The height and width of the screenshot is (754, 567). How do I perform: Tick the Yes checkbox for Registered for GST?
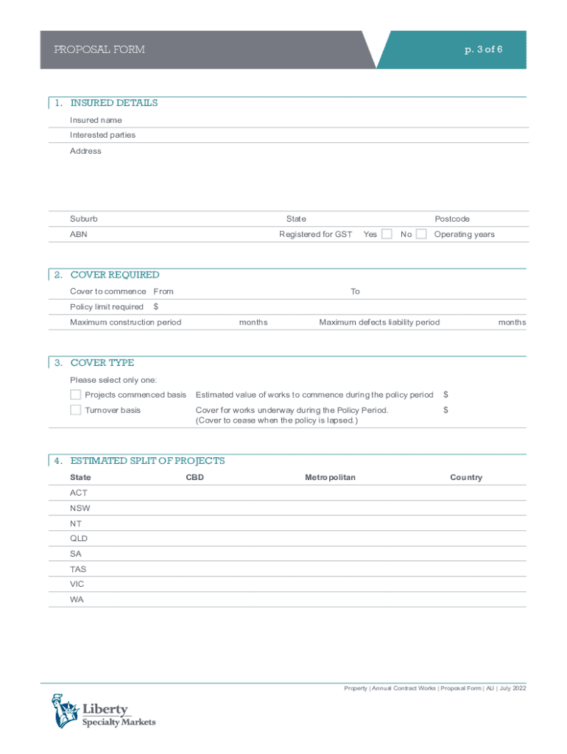pyautogui.click(x=387, y=234)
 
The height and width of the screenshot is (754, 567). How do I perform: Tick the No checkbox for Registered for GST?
pyautogui.click(x=421, y=234)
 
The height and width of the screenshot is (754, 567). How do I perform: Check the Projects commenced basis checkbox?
pyautogui.click(x=75, y=395)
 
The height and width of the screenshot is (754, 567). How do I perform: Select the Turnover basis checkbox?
pyautogui.click(x=75, y=409)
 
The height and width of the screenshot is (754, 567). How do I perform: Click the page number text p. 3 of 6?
pyautogui.click(x=483, y=49)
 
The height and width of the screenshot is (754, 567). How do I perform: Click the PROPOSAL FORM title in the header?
pyautogui.click(x=99, y=49)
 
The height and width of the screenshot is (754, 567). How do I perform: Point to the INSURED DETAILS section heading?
pyautogui.click(x=113, y=103)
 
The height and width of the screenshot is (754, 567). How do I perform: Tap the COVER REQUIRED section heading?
pyautogui.click(x=114, y=275)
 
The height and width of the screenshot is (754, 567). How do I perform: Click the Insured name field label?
pyautogui.click(x=96, y=120)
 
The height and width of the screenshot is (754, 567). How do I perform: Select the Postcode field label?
pyautogui.click(x=452, y=219)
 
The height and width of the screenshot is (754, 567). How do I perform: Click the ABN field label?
pyautogui.click(x=78, y=234)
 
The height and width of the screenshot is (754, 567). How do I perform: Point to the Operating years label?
pyautogui.click(x=464, y=234)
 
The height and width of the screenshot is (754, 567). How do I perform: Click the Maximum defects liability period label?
pyautogui.click(x=379, y=323)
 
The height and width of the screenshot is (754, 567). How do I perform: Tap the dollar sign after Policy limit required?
pyautogui.click(x=156, y=307)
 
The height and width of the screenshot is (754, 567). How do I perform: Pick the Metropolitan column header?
pyautogui.click(x=330, y=478)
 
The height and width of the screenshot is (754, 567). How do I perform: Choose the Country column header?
pyautogui.click(x=466, y=478)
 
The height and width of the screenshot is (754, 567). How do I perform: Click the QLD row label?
pyautogui.click(x=79, y=538)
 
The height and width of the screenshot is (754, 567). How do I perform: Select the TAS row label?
pyautogui.click(x=78, y=569)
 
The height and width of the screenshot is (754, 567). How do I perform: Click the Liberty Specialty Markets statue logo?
pyautogui.click(x=65, y=711)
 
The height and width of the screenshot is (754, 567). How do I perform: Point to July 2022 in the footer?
pyautogui.click(x=512, y=688)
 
